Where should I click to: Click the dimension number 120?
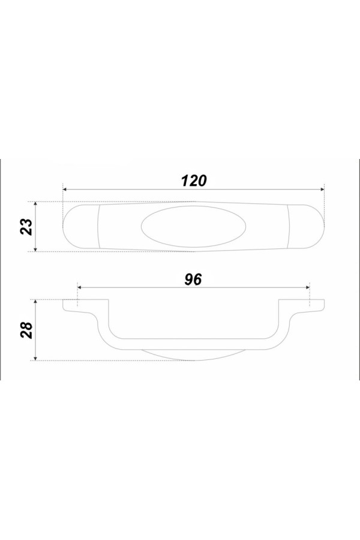click(194, 181)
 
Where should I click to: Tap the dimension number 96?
click(193, 279)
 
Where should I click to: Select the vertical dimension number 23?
click(26, 227)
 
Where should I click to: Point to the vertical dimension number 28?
click(26, 330)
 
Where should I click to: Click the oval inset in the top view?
click(194, 227)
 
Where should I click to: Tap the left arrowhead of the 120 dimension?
click(65, 189)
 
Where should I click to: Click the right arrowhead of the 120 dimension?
click(322, 189)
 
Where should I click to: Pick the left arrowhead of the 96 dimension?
click(80, 287)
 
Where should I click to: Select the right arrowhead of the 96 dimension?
click(308, 287)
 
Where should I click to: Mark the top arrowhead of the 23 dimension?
click(35, 204)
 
